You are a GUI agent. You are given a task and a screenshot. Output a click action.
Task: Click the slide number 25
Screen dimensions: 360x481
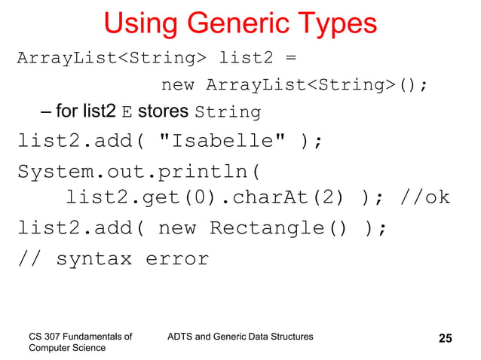pos(446,337)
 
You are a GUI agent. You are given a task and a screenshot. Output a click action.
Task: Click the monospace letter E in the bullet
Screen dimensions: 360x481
pos(127,113)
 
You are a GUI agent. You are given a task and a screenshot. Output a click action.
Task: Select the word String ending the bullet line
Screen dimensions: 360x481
pos(227,113)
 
